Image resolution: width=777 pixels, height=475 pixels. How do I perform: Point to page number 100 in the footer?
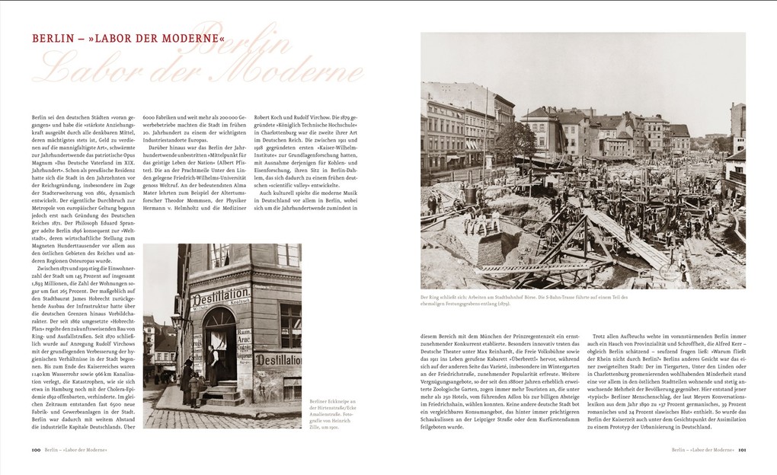click(36, 451)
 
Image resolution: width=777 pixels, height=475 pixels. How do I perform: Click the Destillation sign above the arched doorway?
click(221, 295)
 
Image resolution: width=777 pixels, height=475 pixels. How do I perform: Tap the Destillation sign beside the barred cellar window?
click(277, 359)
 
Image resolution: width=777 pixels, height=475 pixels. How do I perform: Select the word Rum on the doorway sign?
click(245, 332)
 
